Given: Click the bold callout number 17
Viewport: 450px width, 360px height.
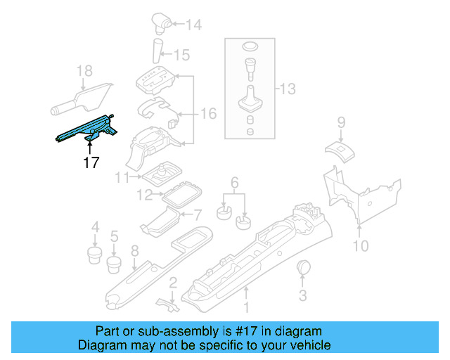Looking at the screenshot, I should click(x=90, y=162).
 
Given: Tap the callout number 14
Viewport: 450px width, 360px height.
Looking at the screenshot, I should click(x=193, y=25).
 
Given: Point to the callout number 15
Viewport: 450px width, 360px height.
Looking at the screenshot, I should click(x=181, y=54).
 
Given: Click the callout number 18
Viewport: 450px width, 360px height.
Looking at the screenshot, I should click(x=84, y=70).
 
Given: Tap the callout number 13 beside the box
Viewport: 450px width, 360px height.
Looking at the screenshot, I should click(x=288, y=89).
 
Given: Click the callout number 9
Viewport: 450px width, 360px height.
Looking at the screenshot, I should click(x=341, y=123).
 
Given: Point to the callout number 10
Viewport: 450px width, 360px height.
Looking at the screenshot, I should click(x=360, y=245).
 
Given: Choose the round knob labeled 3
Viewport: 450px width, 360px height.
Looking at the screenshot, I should click(x=304, y=269).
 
